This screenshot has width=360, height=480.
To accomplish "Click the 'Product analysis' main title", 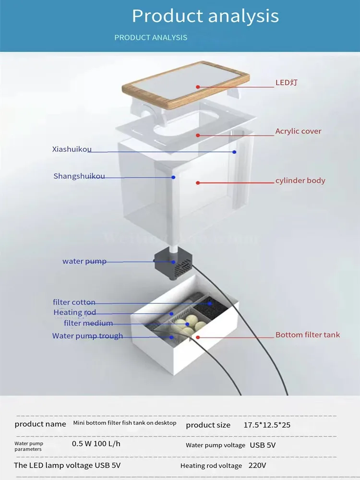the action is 205,16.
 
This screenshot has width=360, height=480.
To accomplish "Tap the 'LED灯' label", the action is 286,83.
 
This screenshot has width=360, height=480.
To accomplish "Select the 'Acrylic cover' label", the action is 298,131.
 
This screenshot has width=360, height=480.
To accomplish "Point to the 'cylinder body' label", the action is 300,180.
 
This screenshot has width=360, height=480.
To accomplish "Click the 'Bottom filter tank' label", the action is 307,335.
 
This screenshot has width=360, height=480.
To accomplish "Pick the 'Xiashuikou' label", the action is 72,149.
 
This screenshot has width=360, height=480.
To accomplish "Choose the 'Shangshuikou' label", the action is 79,176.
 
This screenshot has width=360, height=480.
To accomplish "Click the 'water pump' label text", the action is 84,261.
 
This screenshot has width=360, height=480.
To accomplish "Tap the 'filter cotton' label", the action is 74,302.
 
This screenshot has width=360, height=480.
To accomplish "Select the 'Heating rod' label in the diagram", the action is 74,312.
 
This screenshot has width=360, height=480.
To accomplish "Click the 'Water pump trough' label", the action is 87,336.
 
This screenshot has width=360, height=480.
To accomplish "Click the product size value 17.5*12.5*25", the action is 267,425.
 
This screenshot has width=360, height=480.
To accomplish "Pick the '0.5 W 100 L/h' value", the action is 96,444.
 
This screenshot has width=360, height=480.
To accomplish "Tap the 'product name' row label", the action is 40,424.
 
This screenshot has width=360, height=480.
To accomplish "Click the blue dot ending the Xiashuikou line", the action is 234,152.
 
